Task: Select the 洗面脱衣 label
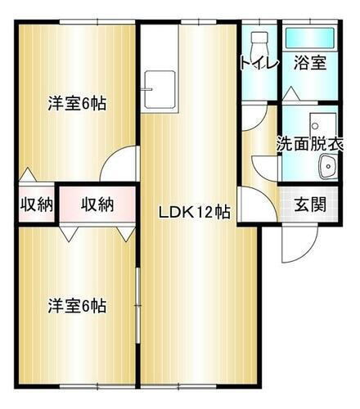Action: pyautogui.click(x=308, y=142)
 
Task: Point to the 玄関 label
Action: pyautogui.click(x=310, y=204)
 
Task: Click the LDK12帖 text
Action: pyautogui.click(x=194, y=212)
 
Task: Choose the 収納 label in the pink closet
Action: pyautogui.click(x=97, y=204)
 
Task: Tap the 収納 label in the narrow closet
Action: pyautogui.click(x=36, y=204)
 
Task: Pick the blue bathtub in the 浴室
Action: pyautogui.click(x=309, y=38)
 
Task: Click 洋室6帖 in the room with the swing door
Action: pyautogui.click(x=78, y=104)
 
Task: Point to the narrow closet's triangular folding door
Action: pyautogui.click(x=28, y=175)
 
